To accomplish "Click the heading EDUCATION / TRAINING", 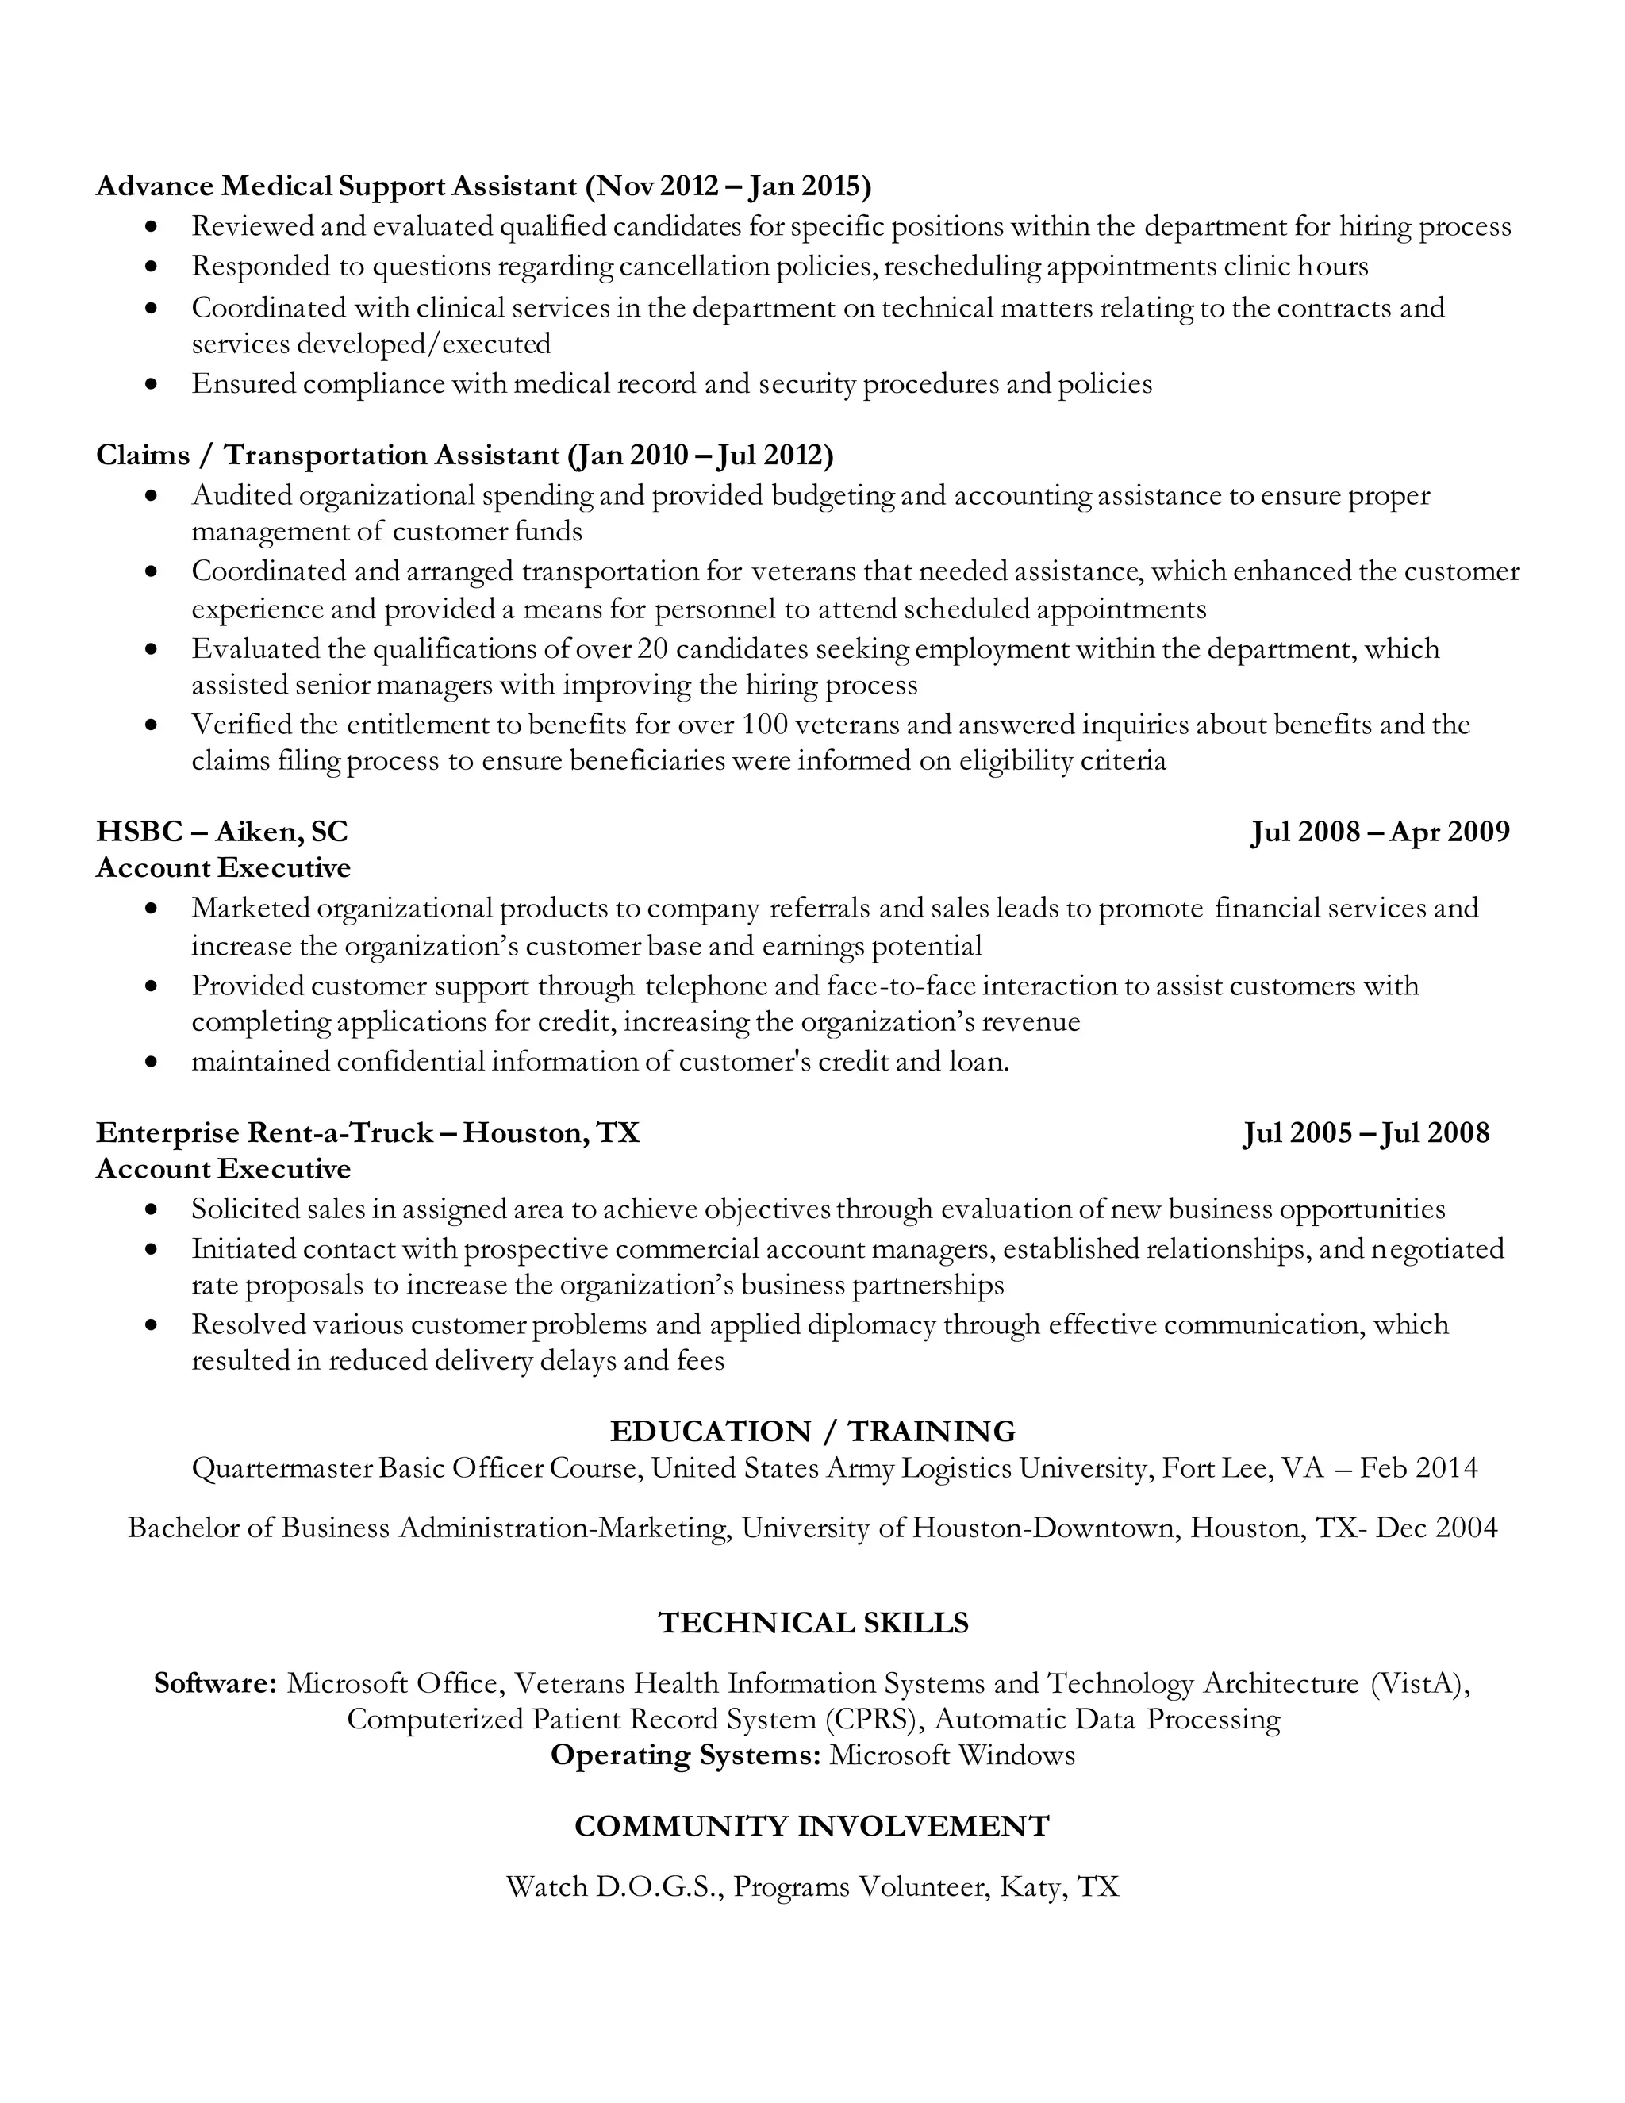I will click(x=812, y=1431).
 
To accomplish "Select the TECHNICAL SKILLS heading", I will click(x=812, y=1623).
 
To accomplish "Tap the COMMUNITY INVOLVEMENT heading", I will click(x=812, y=1826).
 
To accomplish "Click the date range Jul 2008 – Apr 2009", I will click(x=1380, y=831).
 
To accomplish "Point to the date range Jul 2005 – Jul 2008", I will click(x=1365, y=1132).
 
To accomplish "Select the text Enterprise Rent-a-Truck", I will click(x=263, y=1132).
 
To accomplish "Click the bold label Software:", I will click(x=216, y=1683).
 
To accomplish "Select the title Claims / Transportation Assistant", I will click(x=328, y=455).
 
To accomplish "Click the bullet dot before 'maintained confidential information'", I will click(x=150, y=1063).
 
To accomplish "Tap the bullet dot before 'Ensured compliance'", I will click(x=150, y=384).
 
